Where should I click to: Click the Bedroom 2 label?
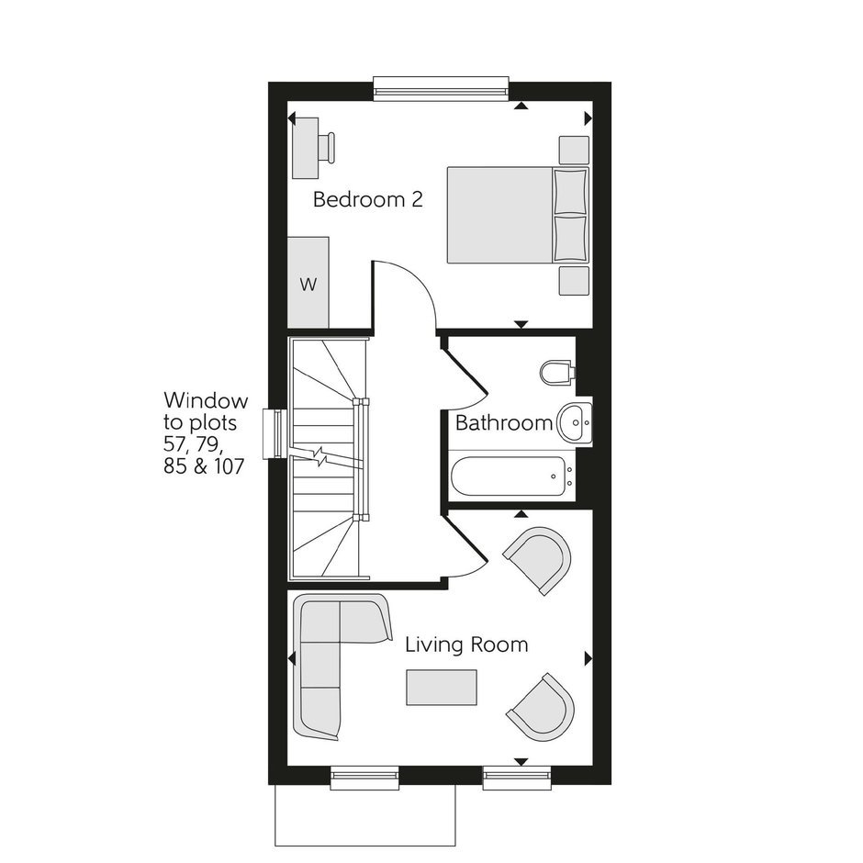tap(367, 199)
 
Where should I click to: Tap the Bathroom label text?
tap(504, 422)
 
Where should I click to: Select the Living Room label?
tap(466, 644)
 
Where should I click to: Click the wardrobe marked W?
tap(308, 283)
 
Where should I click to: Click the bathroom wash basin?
tap(575, 422)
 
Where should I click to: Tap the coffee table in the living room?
tap(442, 687)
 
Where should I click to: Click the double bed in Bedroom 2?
tap(518, 215)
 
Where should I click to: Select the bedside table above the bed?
tap(574, 150)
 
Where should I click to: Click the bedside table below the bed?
tap(574, 281)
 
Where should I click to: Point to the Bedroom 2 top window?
tap(441, 88)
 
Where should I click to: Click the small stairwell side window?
tap(275, 433)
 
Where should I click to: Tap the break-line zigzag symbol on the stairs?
tap(320, 455)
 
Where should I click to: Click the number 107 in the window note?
tap(230, 466)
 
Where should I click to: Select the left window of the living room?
tap(364, 777)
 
